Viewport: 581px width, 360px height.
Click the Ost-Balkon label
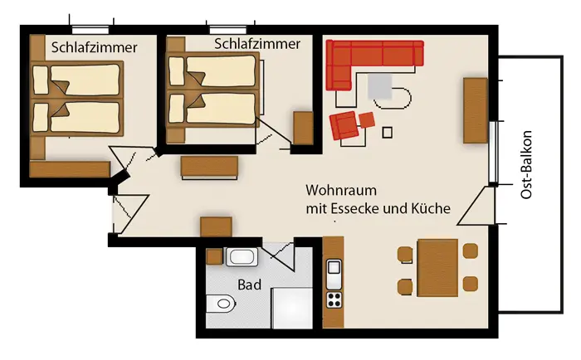tap(526, 165)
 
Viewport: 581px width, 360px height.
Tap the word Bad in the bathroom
tap(249, 285)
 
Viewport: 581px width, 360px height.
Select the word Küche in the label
tap(431, 208)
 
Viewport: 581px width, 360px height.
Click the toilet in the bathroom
tap(221, 304)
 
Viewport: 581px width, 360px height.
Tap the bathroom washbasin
tap(242, 256)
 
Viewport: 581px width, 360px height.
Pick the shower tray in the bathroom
tap(292, 308)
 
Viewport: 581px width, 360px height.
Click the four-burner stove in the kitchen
tap(334, 299)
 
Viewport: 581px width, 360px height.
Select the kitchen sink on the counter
tap(334, 275)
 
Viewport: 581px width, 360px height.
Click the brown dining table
tap(437, 268)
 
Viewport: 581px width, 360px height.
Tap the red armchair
tap(344, 125)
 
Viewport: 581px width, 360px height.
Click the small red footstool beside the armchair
tap(367, 120)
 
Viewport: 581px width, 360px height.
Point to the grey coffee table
tap(380, 86)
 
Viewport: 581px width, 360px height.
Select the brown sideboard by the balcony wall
tap(476, 110)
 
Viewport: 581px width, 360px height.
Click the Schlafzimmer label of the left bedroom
tap(94, 47)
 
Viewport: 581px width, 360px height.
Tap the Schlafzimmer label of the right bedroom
tap(257, 44)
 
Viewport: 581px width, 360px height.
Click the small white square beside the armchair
tap(388, 133)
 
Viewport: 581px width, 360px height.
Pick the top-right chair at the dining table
tap(471, 251)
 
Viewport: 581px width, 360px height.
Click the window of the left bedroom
tap(90, 30)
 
